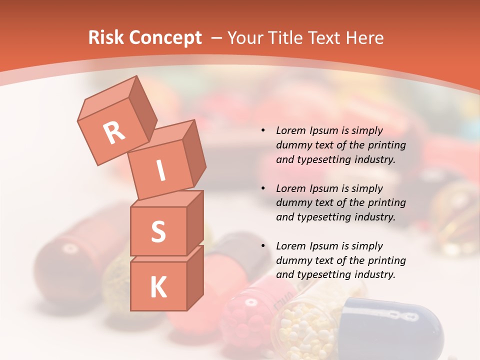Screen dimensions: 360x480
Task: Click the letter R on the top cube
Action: [114, 133]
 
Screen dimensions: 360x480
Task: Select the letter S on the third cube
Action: [158, 231]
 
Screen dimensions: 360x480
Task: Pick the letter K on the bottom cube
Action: [158, 287]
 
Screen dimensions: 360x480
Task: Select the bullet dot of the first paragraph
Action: [263, 131]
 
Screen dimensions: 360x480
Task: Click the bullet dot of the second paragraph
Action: [263, 189]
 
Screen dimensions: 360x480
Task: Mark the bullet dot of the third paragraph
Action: [263, 246]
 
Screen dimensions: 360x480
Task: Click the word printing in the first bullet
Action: [386, 145]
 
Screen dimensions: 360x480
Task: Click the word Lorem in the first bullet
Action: [289, 131]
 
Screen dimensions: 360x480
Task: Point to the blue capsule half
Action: [395, 325]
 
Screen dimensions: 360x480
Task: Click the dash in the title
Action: [217, 38]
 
